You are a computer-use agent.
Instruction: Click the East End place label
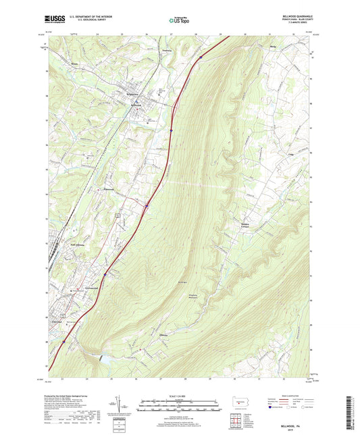pos(56,322)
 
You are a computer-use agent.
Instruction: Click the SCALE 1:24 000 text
pos(180,394)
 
